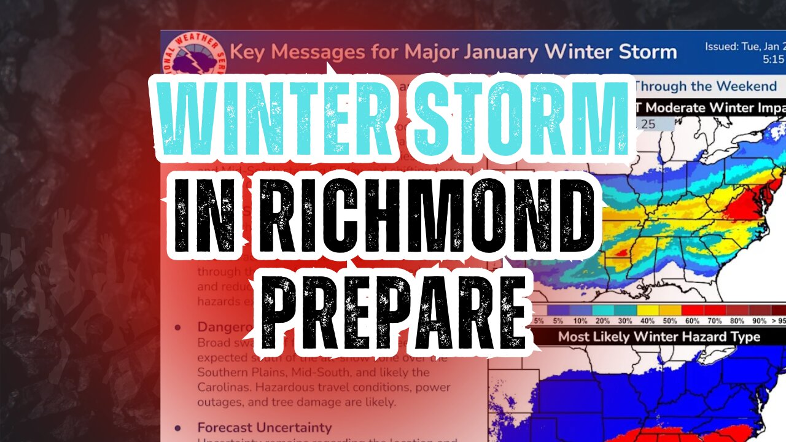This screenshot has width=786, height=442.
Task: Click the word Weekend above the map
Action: click(742, 87)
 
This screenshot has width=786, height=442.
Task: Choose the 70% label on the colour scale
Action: click(714, 321)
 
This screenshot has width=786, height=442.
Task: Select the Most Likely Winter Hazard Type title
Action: click(659, 337)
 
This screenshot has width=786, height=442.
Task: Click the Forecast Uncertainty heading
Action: click(264, 427)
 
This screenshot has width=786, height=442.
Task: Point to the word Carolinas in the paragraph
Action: click(226, 387)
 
